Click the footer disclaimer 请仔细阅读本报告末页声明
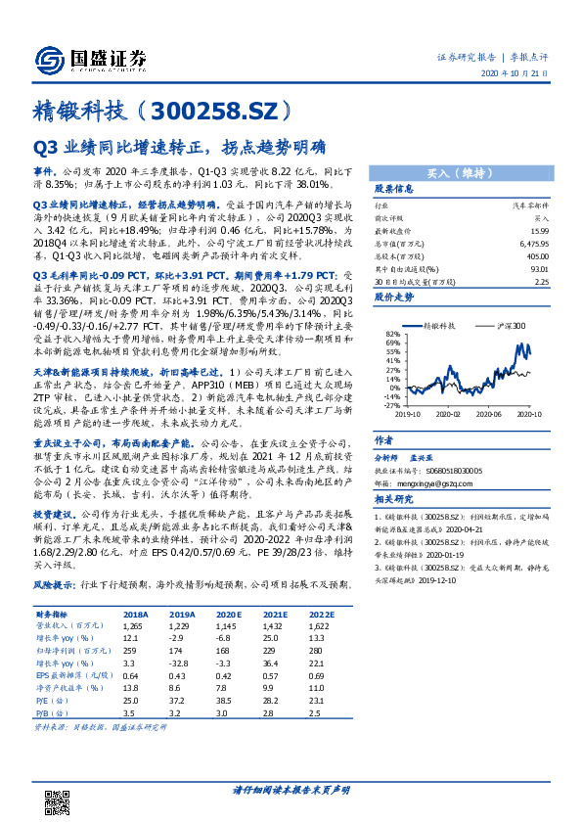(291, 791)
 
